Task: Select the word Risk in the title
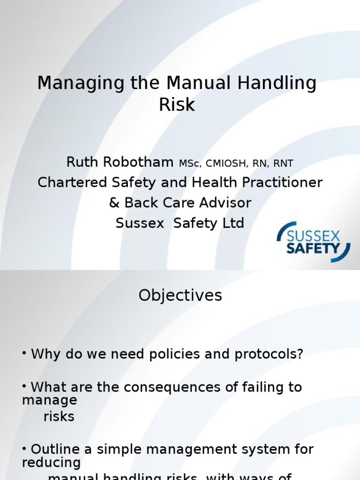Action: (177, 105)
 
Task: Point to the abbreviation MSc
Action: (189, 164)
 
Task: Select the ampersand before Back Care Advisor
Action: (114, 202)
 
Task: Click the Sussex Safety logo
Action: (314, 241)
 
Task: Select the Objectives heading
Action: (180, 295)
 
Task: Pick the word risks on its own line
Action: (59, 416)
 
